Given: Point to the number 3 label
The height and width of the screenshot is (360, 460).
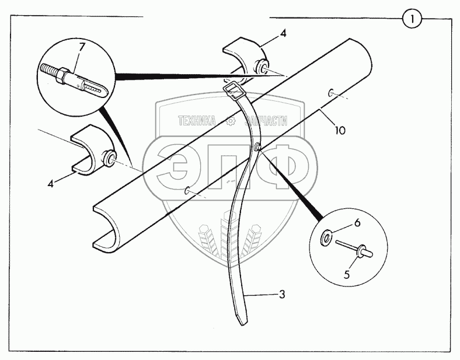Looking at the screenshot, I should [x=282, y=295].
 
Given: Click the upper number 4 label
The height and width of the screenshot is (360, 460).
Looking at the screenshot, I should [x=283, y=34].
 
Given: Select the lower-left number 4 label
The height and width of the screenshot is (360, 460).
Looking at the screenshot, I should [x=51, y=183].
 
